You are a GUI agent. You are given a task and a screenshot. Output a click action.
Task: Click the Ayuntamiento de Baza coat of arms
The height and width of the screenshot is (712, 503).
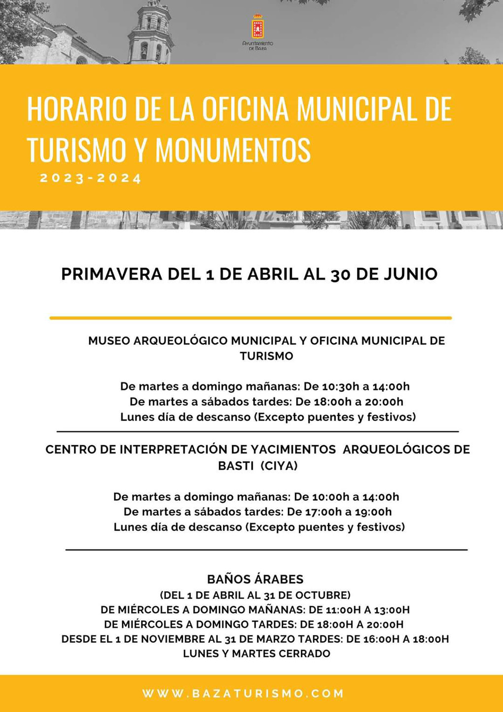258,28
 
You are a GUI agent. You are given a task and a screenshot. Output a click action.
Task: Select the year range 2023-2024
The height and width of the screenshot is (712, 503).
91,178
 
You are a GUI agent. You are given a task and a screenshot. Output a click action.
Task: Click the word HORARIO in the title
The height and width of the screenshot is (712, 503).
77,109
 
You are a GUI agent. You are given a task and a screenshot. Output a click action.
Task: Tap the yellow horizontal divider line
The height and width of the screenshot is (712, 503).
250,318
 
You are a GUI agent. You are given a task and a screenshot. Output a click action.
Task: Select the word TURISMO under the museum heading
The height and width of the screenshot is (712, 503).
266,356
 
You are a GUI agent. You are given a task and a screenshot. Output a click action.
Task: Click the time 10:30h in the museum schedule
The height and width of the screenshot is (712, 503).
340,387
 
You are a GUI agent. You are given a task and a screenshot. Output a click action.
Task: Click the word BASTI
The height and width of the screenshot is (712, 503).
235,466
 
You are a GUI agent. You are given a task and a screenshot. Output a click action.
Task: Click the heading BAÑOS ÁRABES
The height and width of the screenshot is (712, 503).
255,579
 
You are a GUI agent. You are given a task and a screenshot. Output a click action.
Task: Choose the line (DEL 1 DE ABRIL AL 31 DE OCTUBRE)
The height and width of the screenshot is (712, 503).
255,595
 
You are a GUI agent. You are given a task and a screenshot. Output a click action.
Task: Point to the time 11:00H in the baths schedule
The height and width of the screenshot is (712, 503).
343,610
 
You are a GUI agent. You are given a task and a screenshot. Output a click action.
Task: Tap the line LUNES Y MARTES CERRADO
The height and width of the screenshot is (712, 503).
256,654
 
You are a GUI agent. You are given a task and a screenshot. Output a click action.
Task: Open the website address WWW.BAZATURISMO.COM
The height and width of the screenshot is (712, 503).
243,693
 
